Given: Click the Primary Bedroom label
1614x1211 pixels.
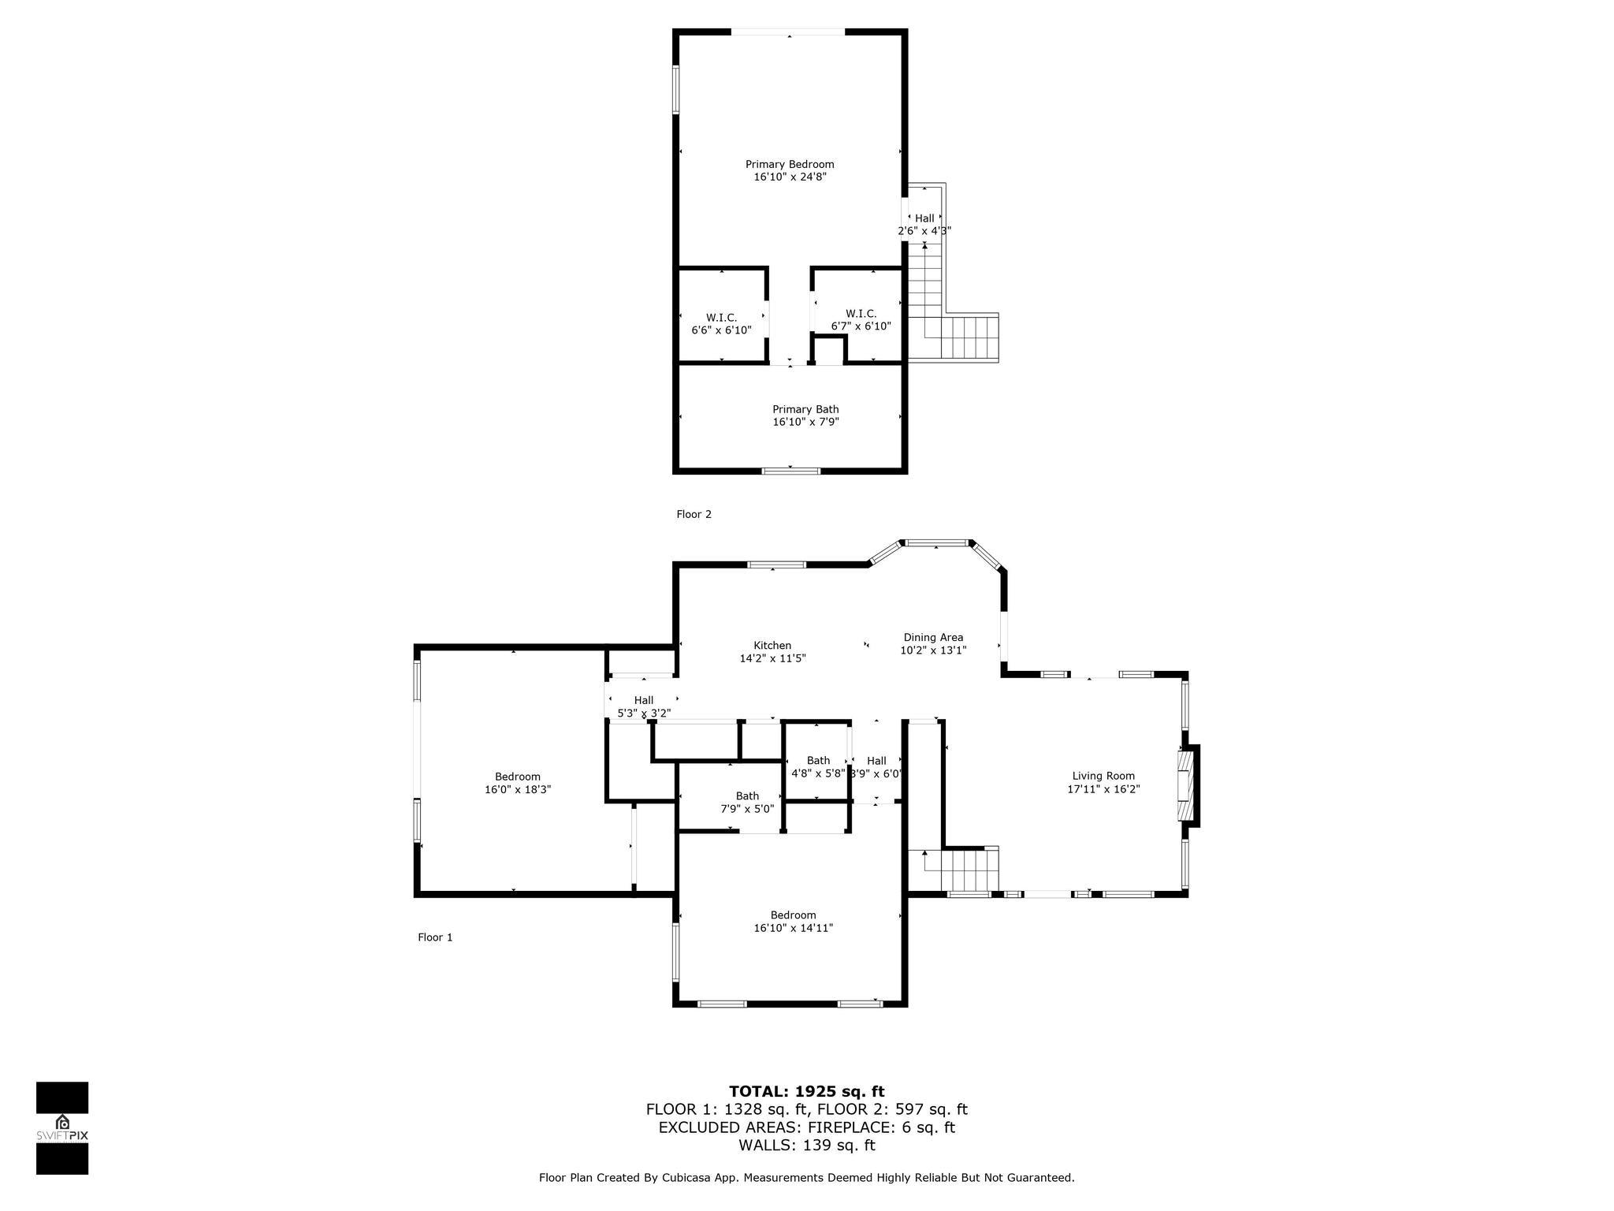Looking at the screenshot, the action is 790,164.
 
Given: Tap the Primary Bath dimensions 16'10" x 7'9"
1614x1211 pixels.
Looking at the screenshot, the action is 805,422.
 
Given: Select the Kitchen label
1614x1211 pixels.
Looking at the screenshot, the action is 772,645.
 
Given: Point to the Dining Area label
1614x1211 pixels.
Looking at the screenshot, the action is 933,637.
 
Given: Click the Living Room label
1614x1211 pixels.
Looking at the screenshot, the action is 1103,776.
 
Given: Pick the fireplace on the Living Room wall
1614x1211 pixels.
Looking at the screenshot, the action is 1188,786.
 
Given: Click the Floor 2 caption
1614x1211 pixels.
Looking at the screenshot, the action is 694,514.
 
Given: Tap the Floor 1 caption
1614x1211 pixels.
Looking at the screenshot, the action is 435,937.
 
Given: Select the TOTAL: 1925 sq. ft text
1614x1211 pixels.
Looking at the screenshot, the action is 807,1091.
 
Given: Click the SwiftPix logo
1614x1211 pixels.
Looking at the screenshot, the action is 62,1128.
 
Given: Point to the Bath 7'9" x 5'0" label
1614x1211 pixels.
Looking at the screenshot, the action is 747,802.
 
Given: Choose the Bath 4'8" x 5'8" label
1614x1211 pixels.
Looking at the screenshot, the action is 818,766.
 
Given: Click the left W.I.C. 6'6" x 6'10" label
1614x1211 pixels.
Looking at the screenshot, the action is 721,323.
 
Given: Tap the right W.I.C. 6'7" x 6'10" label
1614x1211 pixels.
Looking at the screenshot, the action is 861,319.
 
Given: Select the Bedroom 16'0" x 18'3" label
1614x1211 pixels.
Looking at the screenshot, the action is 518,782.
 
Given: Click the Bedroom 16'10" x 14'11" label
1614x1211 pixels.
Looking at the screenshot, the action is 793,921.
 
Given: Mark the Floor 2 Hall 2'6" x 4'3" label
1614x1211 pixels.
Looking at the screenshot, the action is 924,224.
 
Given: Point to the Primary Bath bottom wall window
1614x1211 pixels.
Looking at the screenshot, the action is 791,471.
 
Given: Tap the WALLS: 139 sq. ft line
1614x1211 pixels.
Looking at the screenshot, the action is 807,1145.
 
